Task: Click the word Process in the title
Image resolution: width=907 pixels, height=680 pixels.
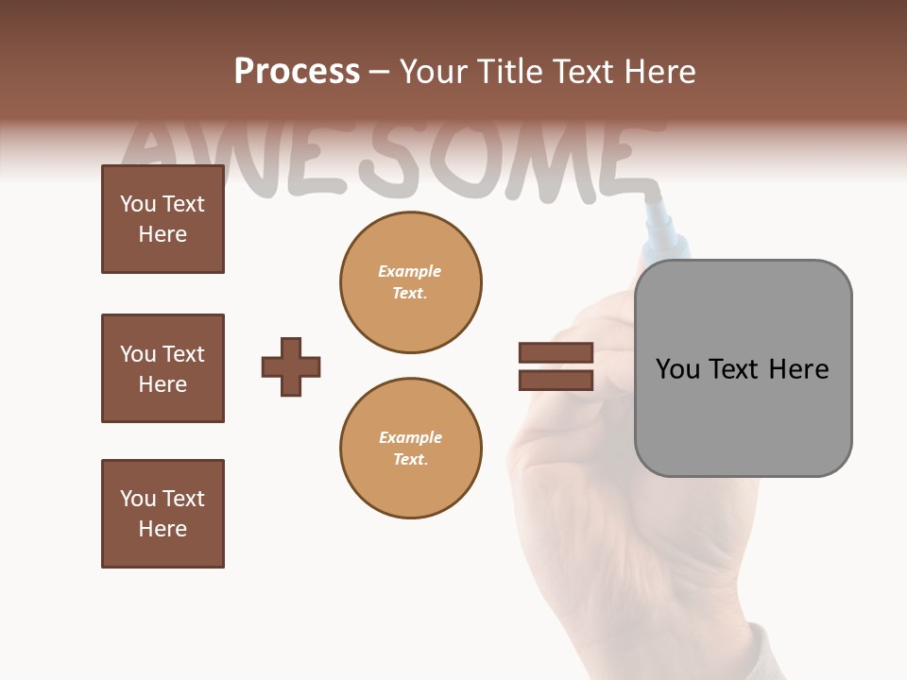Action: [x=297, y=72]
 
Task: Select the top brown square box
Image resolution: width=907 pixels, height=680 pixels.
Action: [x=163, y=219]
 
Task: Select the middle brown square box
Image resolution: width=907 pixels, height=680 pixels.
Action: [x=163, y=368]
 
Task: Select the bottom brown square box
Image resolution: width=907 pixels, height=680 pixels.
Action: [x=163, y=514]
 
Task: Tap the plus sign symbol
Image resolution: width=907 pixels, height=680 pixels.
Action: [x=291, y=366]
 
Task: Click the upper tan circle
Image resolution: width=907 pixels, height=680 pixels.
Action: [x=410, y=282]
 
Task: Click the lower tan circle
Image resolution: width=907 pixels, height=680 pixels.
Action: [x=410, y=449]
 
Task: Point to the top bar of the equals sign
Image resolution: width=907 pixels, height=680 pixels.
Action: [x=556, y=353]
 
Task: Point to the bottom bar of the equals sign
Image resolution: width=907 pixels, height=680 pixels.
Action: [x=556, y=380]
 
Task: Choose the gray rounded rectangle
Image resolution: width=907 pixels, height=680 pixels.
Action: [x=743, y=367]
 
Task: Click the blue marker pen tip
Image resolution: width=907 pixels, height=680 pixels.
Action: [x=656, y=212]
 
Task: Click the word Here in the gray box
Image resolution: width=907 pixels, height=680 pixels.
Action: [x=798, y=368]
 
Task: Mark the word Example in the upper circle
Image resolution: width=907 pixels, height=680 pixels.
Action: [x=410, y=271]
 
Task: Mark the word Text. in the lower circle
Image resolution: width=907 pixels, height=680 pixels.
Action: [x=410, y=460]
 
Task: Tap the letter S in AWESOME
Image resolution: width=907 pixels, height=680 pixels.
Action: [x=393, y=162]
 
